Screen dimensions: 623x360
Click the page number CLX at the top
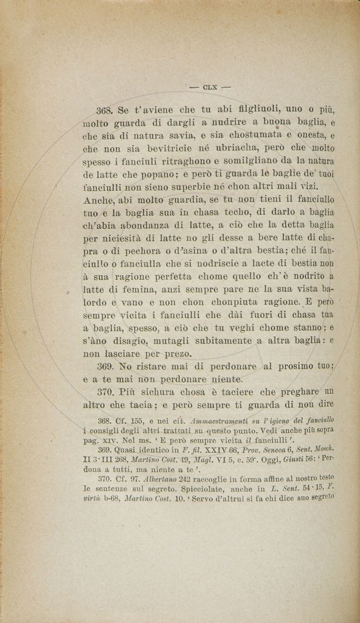210,87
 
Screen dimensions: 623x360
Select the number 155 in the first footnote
138,421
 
